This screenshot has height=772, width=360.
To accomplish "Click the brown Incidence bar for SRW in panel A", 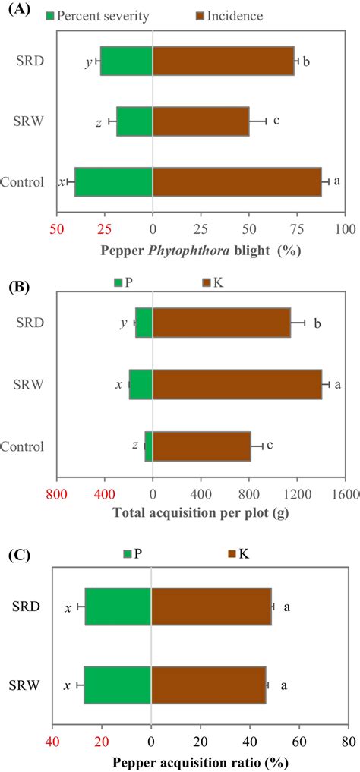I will click(201, 121).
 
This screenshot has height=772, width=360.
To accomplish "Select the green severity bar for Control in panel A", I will click(114, 181).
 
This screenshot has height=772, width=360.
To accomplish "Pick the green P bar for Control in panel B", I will click(149, 446).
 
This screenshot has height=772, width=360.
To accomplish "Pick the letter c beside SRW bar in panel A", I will click(276, 120).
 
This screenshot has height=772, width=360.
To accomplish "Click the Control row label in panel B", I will click(23, 446).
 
